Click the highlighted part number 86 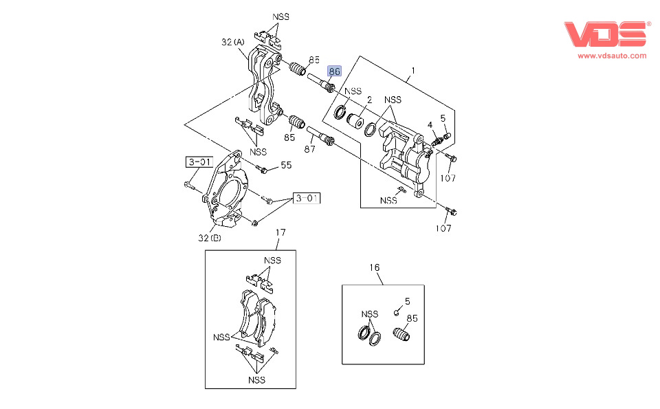[x=335, y=71]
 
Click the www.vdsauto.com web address [x=612, y=56]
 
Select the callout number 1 [x=413, y=71]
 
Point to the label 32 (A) [x=233, y=42]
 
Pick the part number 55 [x=286, y=165]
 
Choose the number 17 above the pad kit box [x=280, y=233]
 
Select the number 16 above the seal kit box [x=375, y=267]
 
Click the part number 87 [x=309, y=148]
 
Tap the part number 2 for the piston [x=369, y=99]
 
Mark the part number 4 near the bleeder [x=430, y=125]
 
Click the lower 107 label [x=445, y=228]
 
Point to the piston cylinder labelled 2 [x=356, y=121]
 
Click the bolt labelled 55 [x=263, y=169]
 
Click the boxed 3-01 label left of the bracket [x=198, y=162]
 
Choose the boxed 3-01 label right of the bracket [x=307, y=199]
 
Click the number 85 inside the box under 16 [x=412, y=318]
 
